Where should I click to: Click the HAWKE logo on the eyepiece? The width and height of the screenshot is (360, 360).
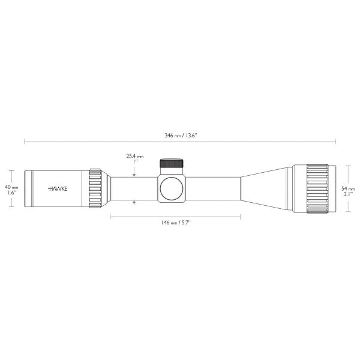pyautogui.click(x=58, y=188)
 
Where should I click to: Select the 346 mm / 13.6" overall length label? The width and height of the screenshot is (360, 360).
pyautogui.click(x=181, y=136)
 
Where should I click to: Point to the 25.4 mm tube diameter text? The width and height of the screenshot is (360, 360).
pyautogui.click(x=134, y=156)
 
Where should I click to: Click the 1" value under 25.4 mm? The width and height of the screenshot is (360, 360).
pyautogui.click(x=134, y=162)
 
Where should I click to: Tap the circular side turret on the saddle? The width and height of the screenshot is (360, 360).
pyautogui.click(x=171, y=188)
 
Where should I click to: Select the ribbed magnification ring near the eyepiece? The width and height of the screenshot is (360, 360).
pyautogui.click(x=95, y=188)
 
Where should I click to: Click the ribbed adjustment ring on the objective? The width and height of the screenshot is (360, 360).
pyautogui.click(x=317, y=188)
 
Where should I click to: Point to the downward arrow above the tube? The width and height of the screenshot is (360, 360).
pyautogui.click(x=134, y=173)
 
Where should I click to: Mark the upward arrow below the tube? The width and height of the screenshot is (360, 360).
pyautogui.click(x=134, y=203)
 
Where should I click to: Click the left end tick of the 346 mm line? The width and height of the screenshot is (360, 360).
pyautogui.click(x=25, y=142)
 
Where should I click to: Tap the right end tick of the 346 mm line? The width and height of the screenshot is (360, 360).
pyautogui.click(x=335, y=142)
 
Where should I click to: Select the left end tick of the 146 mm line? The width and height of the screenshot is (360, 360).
pyautogui.click(x=111, y=216)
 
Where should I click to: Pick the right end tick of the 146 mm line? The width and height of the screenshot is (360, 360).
pyautogui.click(x=241, y=216)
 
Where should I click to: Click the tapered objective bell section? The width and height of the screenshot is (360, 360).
pyautogui.click(x=264, y=188)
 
